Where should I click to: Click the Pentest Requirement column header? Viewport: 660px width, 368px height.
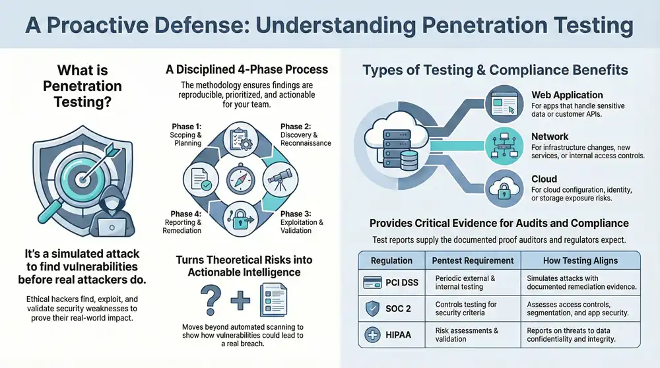click(x=473, y=260)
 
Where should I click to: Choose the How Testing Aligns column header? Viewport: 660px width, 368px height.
click(x=580, y=260)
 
